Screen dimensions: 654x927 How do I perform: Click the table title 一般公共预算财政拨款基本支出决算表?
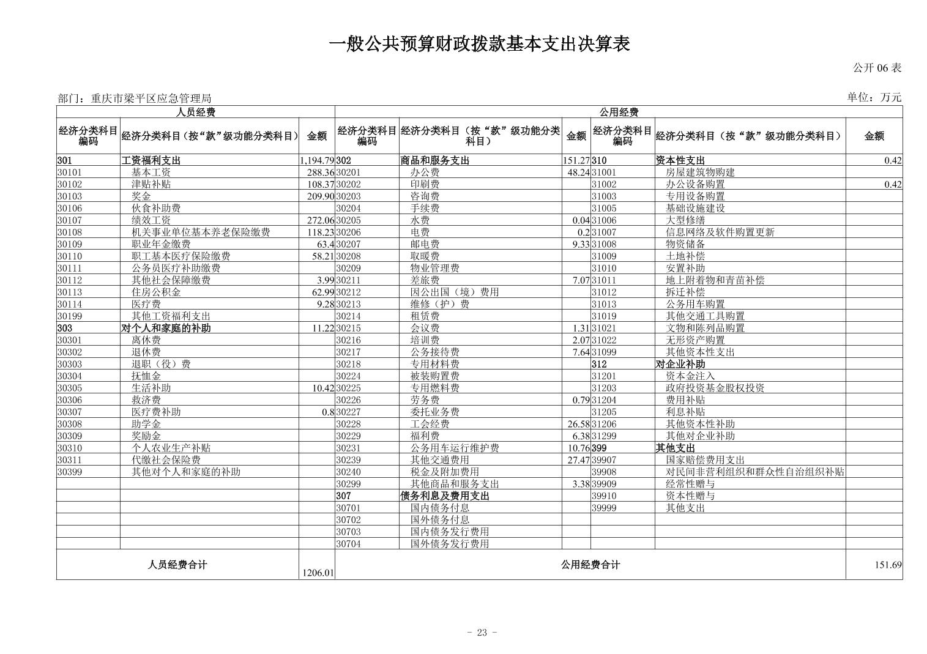[x=479, y=44]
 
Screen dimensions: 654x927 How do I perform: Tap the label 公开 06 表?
[x=877, y=68]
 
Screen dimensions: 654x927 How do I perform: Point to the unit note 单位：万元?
[x=874, y=97]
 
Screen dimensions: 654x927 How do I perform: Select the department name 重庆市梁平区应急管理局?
[x=151, y=98]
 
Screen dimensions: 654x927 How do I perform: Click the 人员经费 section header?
[x=196, y=112]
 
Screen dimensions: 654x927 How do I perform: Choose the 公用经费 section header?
[x=619, y=112]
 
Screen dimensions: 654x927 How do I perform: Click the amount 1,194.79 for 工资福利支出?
[x=317, y=161]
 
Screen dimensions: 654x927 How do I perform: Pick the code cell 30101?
[x=70, y=173]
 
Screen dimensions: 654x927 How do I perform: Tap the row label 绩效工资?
[x=151, y=220]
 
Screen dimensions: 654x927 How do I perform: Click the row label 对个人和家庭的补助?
[x=166, y=328]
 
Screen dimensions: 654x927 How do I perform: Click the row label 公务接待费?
[x=434, y=352]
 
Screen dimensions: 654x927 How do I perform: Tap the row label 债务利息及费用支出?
[x=445, y=496]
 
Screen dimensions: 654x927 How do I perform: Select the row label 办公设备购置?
[x=695, y=184]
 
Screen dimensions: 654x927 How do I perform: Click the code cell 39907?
[x=604, y=460]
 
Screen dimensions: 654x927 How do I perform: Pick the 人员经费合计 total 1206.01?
[x=318, y=573]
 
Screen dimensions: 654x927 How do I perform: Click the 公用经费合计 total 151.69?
[x=888, y=565]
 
